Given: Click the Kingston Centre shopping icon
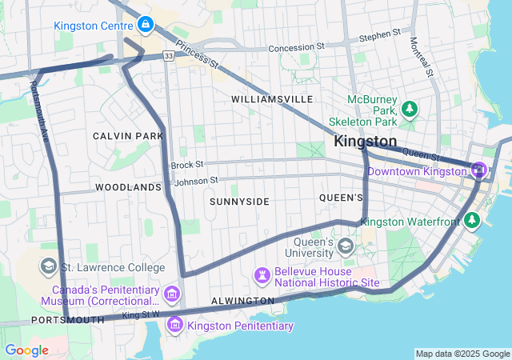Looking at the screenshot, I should [145, 26].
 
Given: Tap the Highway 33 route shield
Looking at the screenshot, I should [167, 56].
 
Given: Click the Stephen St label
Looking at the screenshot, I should [379, 35].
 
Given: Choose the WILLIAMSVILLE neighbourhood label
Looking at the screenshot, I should [272, 99].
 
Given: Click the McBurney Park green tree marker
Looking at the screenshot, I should [410, 108].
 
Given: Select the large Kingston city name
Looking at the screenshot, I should [365, 141].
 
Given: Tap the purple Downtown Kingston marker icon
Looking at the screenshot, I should [478, 170].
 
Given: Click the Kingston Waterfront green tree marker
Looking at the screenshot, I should [472, 220].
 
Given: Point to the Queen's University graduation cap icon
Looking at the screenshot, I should [346, 244].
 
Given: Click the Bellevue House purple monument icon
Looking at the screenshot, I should [262, 275].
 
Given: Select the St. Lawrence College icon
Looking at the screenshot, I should [48, 266].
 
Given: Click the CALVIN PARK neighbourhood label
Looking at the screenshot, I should [128, 136].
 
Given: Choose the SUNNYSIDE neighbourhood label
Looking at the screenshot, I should [239, 202].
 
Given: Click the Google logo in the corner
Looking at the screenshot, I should [26, 350].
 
